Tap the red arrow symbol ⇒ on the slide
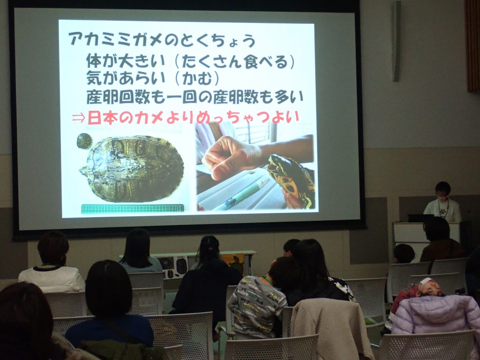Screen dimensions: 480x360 point(78,118)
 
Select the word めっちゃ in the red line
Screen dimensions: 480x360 point(219,118)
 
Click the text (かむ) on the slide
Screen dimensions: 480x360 point(201,79)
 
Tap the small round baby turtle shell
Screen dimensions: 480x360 point(84,141)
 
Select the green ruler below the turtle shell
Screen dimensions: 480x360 point(133,209)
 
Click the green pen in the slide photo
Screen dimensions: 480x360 point(242,195)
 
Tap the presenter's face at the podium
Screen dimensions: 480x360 point(442,192)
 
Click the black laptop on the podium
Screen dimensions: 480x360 point(420,218)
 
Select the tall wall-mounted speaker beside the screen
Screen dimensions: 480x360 point(396,41)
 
